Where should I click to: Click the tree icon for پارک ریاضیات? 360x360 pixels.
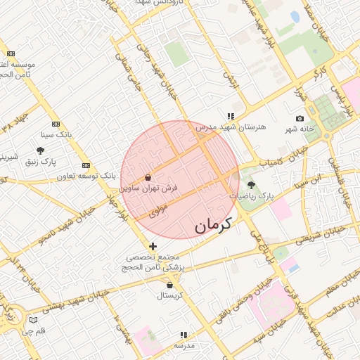pos(252,184)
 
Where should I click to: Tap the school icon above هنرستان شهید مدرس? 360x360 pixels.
pos(230,117)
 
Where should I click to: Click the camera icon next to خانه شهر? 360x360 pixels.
pos(300,118)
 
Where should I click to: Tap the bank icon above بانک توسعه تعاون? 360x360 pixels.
pos(86,165)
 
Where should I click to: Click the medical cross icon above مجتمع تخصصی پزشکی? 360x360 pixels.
pos(153,245)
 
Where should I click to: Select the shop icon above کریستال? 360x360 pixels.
pos(170,285)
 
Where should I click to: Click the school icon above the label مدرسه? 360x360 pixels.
pos(184,335)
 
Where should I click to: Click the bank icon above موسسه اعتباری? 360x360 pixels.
pos(10,53)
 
